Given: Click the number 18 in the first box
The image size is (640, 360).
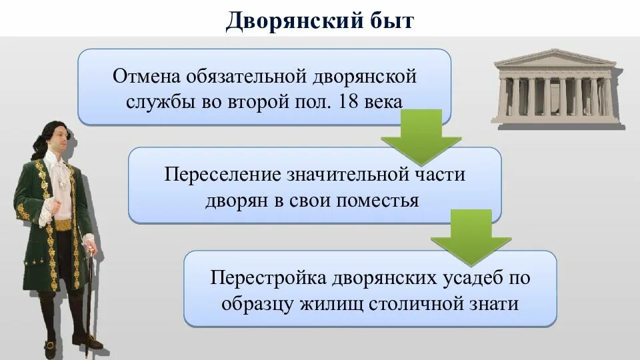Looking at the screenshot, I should point(351,101).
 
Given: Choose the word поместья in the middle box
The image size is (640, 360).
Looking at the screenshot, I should point(380,200).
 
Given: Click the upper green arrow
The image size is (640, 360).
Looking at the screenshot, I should point(421,137).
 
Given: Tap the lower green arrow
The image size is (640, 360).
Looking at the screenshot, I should point(471,237).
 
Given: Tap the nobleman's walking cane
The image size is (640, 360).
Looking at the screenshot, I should point(90,293).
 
